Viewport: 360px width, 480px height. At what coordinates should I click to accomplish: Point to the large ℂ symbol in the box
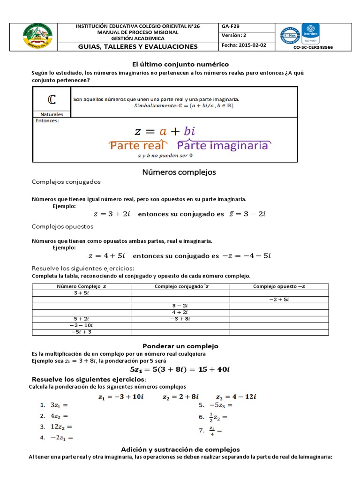click(52, 100)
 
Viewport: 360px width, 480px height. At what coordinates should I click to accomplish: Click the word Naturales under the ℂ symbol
click(52, 114)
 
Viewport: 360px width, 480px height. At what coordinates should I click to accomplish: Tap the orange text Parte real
click(138, 145)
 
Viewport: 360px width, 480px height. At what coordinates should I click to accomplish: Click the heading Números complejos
click(179, 172)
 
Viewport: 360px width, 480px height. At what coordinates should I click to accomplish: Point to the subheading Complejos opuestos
click(62, 226)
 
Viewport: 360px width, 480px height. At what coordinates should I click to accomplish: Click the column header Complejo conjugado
click(180, 286)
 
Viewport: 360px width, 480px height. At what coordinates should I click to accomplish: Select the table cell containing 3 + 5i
click(82, 292)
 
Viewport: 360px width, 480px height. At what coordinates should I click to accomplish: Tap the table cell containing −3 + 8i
click(180, 319)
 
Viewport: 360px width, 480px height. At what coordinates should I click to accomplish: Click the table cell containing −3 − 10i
click(82, 325)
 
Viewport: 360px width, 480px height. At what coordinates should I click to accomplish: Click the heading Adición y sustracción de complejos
click(180, 449)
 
